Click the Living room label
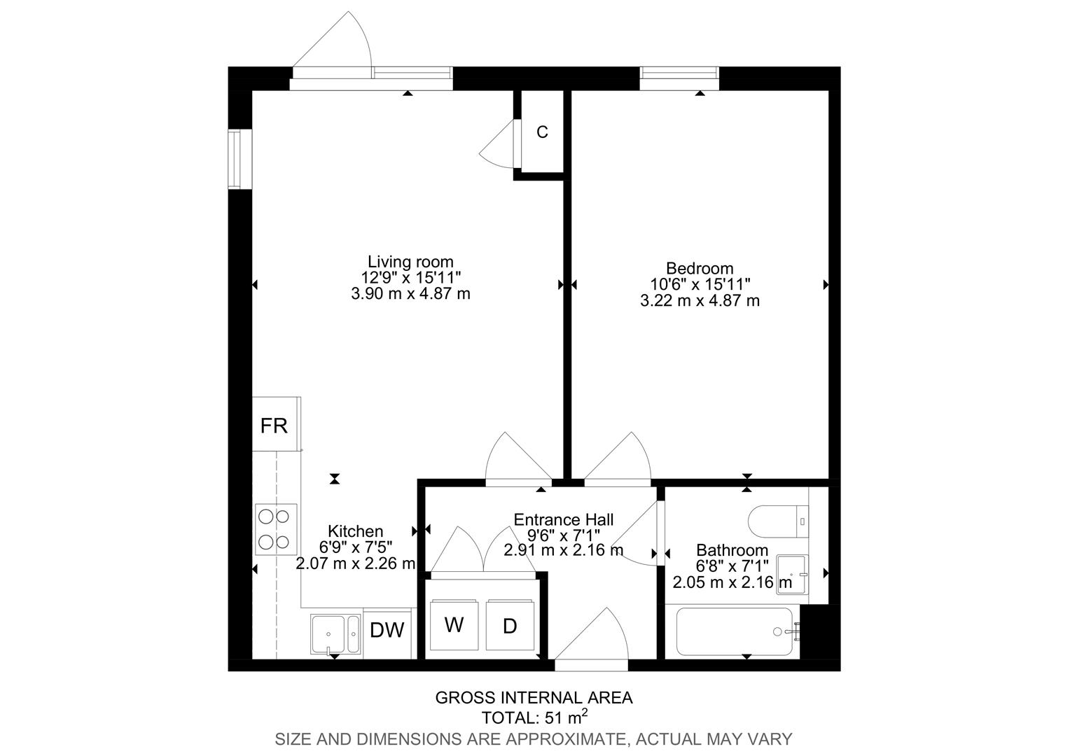pyautogui.click(x=410, y=262)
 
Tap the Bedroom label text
pyautogui.click(x=700, y=268)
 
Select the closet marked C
pyautogui.click(x=542, y=132)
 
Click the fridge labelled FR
pyautogui.click(x=275, y=425)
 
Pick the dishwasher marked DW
pyautogui.click(x=387, y=631)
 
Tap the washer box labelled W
pyautogui.click(x=454, y=625)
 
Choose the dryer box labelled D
pyautogui.click(x=510, y=626)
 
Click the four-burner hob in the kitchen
pyautogui.click(x=275, y=528)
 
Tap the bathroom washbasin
pyautogui.click(x=792, y=574)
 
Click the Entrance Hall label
pyautogui.click(x=564, y=519)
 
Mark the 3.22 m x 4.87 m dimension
pyautogui.click(x=700, y=301)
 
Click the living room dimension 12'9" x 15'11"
pyautogui.click(x=410, y=278)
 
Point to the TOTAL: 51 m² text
pyautogui.click(x=534, y=717)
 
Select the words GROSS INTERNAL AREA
pyautogui.click(x=534, y=698)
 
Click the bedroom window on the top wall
pyautogui.click(x=679, y=75)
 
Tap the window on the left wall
pyautogui.click(x=239, y=159)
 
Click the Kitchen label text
pyautogui.click(x=356, y=531)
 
